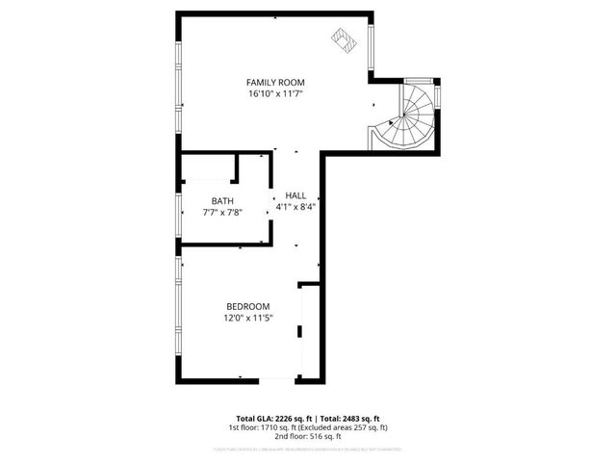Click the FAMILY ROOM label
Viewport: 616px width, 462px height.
[275, 82]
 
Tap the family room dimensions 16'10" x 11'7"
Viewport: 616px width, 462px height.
[275, 93]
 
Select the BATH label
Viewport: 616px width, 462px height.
[222, 200]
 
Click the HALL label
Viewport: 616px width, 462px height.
[295, 194]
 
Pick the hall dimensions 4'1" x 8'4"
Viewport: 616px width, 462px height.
[295, 206]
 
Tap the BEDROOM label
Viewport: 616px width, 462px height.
[247, 306]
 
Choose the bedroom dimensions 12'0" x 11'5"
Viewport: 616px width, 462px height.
[247, 318]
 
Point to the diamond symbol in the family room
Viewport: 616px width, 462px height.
[343, 39]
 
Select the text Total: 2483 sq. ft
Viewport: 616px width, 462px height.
[349, 418]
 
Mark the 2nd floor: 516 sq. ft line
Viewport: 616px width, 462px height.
[308, 436]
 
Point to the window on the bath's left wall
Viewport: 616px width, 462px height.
[178, 213]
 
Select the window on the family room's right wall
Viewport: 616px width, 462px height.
[371, 45]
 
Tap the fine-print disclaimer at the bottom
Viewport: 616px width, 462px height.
[308, 449]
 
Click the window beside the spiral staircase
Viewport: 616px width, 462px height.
[438, 96]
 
